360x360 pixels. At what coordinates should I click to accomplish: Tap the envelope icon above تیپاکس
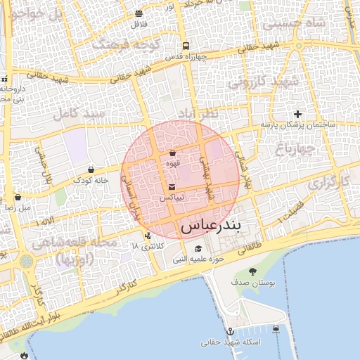click(x=172, y=186)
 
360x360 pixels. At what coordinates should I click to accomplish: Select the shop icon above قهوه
click(x=172, y=153)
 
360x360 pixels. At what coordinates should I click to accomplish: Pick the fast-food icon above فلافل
click(x=139, y=14)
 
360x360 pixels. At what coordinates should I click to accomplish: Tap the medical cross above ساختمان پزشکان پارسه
click(x=298, y=114)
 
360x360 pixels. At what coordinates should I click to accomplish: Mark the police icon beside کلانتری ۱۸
click(x=148, y=236)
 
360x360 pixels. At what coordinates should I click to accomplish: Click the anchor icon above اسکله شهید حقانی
click(x=229, y=330)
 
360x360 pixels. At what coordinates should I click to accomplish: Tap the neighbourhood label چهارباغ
click(x=297, y=148)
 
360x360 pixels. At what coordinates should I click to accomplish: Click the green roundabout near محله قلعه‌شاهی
click(x=26, y=262)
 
